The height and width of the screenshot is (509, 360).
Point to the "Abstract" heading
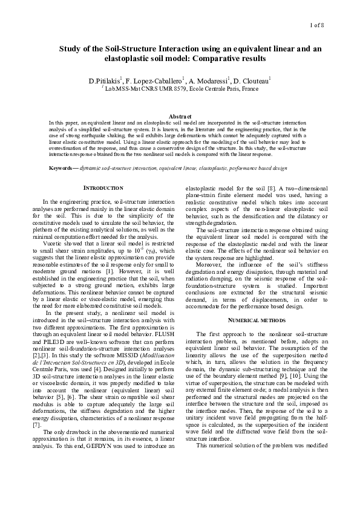tap(180, 116)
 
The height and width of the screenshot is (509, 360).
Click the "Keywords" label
tap(63, 166)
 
